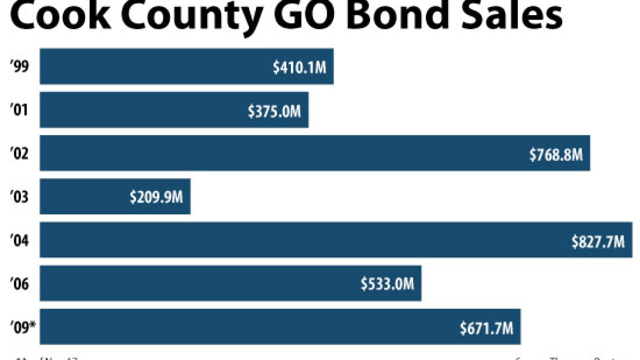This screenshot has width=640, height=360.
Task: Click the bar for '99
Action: pos(186,66)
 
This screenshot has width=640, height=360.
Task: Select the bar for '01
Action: pos(174,109)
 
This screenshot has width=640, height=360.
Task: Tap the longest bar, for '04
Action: pos(336,240)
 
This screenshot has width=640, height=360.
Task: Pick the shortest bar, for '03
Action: pos(115,196)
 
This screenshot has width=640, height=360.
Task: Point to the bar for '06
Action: pos(230,283)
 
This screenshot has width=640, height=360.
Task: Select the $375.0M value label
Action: pos(274,111)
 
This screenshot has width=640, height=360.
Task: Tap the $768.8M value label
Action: pos(556,154)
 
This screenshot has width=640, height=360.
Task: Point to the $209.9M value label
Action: pos(156,197)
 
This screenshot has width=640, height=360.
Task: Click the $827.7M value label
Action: pos(598,241)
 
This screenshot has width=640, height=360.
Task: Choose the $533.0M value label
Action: pos(387,284)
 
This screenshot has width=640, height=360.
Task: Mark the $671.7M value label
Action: pos(486,328)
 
